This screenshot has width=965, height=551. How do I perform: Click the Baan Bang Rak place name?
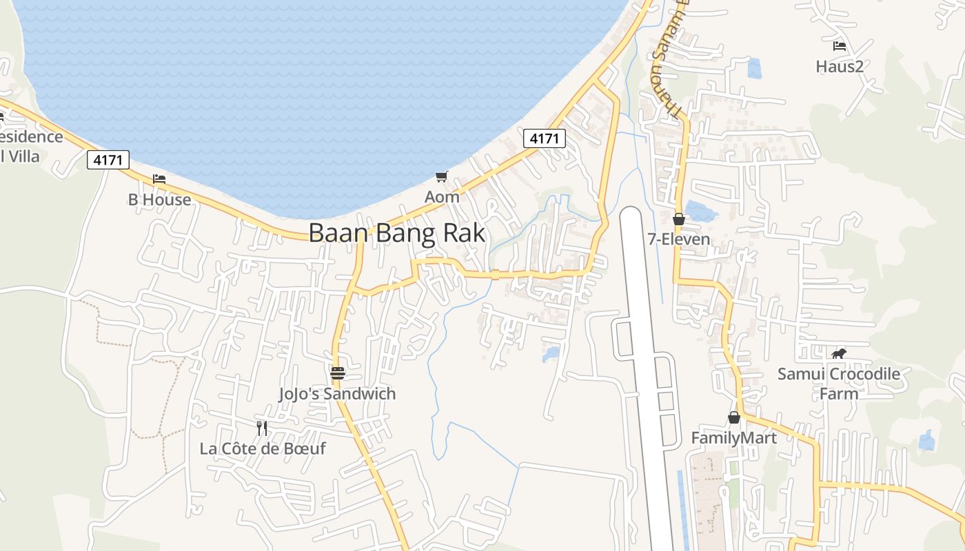point(396,233)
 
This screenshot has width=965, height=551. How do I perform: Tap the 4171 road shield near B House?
point(108,160)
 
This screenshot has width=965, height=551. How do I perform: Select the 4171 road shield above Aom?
point(544,138)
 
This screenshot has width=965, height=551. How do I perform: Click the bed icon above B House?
point(159,179)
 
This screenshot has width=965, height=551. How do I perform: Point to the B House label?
point(159,200)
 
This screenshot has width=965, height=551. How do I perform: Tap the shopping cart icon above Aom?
point(442,176)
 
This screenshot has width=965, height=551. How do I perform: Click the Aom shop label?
point(442,197)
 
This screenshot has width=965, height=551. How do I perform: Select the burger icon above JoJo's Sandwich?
point(338,373)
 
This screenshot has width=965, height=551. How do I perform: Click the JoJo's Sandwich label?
point(337,394)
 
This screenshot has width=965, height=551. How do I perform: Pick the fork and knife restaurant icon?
point(262,428)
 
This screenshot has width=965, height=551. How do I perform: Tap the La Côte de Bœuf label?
point(263,449)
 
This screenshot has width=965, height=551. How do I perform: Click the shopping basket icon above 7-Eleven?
point(679,219)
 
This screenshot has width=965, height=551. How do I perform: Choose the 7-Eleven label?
point(679,240)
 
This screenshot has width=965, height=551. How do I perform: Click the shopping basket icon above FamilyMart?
point(734,417)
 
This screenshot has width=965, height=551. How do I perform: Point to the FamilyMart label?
point(734,438)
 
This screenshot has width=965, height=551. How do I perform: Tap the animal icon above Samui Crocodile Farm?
point(839,354)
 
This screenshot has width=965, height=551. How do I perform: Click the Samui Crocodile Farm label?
point(839,384)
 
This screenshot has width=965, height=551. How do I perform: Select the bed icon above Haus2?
point(840,46)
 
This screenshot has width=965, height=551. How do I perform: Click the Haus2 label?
point(840,67)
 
